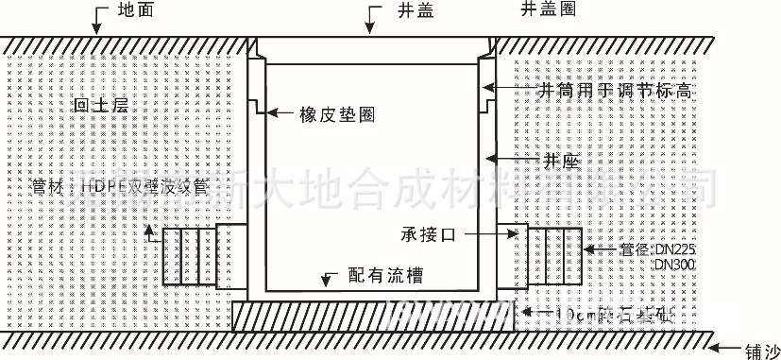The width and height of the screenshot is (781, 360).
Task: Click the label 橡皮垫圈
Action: pyautogui.click(x=337, y=114)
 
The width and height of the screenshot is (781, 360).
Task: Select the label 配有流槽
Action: pyautogui.click(x=384, y=276)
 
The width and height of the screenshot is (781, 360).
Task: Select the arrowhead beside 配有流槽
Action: pyautogui.click(x=329, y=279)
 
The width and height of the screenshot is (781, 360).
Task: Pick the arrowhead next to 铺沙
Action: pyautogui.click(x=723, y=347)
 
